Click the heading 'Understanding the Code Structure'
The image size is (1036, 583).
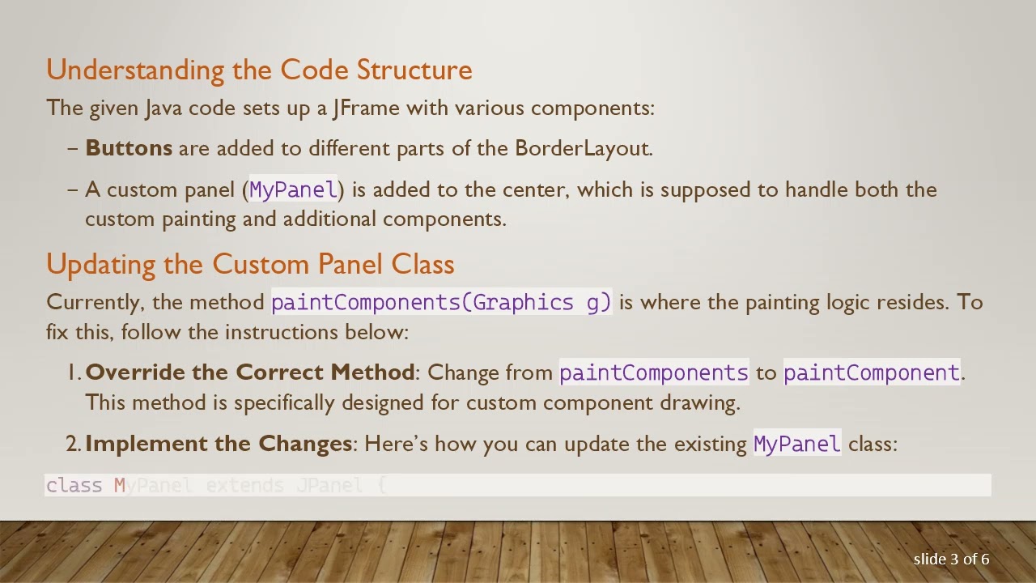tap(259, 70)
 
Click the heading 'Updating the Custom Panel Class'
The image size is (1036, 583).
tap(250, 264)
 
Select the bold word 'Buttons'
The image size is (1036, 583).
tap(129, 148)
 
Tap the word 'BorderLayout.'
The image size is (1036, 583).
tap(584, 148)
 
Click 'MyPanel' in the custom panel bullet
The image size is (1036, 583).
tap(293, 190)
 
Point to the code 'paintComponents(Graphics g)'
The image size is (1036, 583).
tap(441, 303)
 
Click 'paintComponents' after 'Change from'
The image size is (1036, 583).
tap(653, 373)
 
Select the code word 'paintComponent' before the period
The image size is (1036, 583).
tap(871, 373)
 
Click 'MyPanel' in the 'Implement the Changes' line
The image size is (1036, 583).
tap(796, 445)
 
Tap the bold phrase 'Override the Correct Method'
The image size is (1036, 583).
tap(249, 372)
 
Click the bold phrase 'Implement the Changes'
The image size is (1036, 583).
tap(219, 444)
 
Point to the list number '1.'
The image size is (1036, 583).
tap(74, 372)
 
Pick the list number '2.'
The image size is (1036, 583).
tap(74, 444)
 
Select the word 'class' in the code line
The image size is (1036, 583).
tap(74, 486)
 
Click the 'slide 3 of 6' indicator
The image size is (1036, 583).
tap(951, 560)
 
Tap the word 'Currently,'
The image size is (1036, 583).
tap(96, 302)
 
